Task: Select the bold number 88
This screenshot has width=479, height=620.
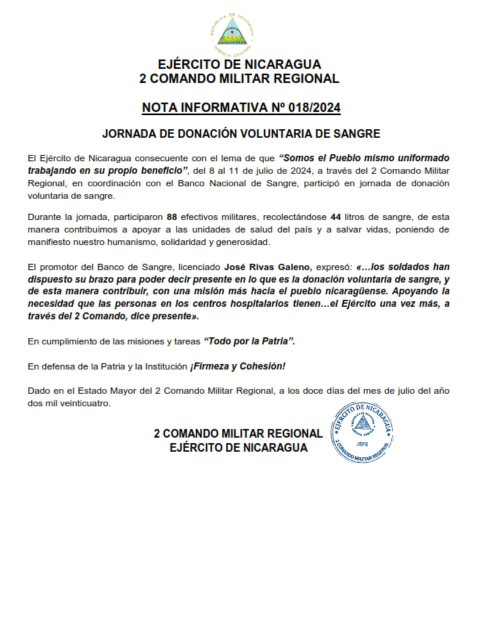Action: [x=171, y=218]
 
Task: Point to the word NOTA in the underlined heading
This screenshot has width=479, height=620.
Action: [x=159, y=108]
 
